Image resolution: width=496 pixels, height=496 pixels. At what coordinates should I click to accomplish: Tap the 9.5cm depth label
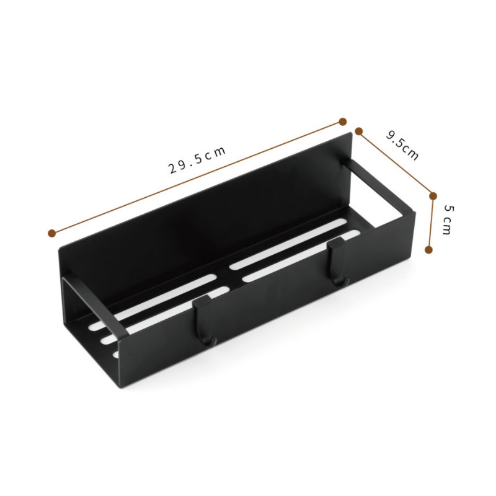coord(402,145)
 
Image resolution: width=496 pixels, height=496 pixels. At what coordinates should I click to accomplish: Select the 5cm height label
coord(448,218)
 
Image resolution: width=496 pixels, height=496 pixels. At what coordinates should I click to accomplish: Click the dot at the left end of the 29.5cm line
coord(51,233)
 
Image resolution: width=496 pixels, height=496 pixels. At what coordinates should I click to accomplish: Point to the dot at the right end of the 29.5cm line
coord(342,121)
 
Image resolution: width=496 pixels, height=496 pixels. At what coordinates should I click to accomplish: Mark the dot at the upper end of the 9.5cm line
coord(358,131)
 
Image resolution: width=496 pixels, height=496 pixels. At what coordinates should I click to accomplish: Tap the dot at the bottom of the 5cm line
coord(428,249)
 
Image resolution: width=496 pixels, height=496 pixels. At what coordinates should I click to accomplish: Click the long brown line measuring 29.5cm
coord(124,205)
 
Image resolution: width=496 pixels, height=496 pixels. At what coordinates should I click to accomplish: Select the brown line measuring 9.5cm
coord(397,164)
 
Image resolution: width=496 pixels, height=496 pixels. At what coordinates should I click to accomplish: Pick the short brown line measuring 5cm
coord(431,223)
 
